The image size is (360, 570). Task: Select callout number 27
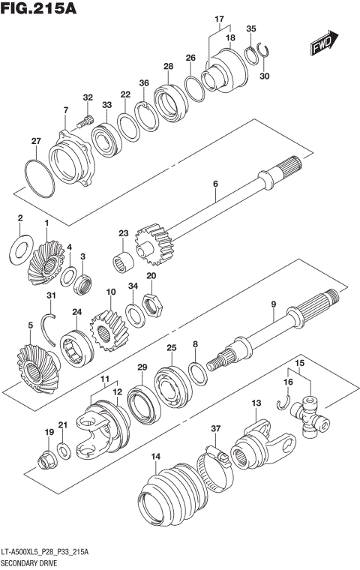click(36, 141)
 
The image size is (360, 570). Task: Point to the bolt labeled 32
click(85, 118)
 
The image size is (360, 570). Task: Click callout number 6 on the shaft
click(215, 184)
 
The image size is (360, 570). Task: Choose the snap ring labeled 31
click(49, 323)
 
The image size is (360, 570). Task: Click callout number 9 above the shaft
click(274, 304)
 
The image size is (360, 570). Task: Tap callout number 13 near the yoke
click(256, 403)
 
